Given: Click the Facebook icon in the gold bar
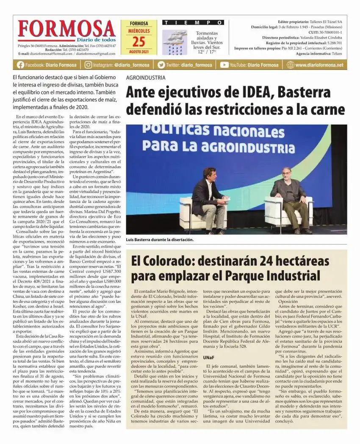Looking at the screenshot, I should coord(20,65).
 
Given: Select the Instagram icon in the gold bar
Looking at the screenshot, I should coord(88,65).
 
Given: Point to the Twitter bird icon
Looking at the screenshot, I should coord(161,65).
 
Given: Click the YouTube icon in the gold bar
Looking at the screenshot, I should coord(224,65).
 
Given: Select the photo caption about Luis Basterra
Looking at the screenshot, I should coord(160,240).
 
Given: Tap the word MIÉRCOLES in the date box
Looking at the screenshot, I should coord(138,31).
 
